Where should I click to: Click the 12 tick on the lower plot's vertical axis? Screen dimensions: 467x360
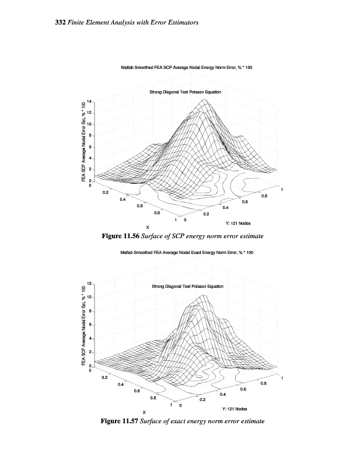click(89, 283)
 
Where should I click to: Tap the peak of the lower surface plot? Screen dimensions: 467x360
click(203, 296)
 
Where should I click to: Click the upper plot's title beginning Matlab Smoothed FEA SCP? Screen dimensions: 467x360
click(187, 68)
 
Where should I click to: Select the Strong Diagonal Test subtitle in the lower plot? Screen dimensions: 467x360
click(187, 287)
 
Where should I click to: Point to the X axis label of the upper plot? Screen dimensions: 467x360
click(147, 227)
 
